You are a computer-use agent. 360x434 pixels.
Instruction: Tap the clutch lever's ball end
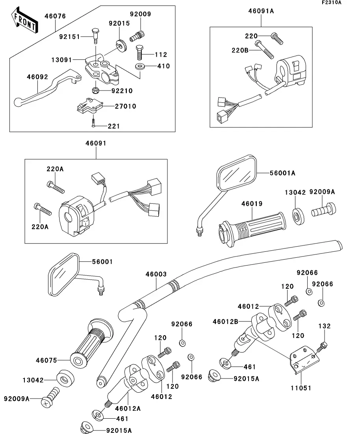point(18,102)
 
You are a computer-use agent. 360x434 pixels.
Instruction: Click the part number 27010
point(126,106)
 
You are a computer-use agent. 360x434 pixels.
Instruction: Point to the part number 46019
point(251,203)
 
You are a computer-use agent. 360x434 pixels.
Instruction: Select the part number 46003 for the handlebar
point(156,274)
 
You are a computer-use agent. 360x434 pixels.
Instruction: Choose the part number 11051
point(301,388)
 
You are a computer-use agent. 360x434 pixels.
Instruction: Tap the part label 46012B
point(225,321)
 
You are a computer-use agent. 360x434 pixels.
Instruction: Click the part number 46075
point(46,360)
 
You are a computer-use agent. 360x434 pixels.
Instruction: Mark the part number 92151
point(69,37)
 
